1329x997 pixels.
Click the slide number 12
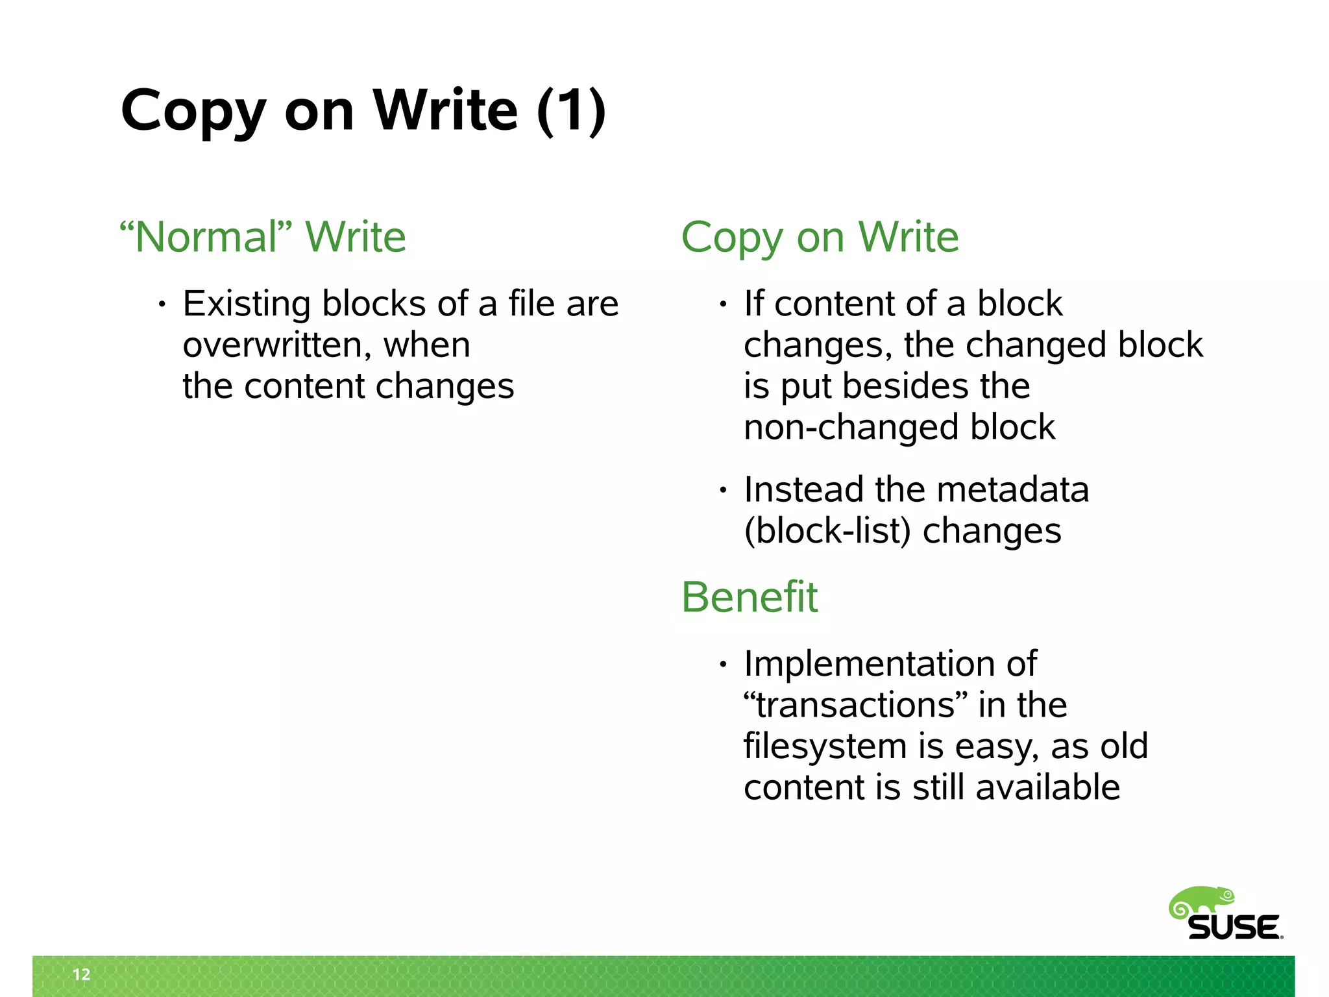81,974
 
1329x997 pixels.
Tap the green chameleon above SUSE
1201,903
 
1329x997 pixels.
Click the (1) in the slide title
571,111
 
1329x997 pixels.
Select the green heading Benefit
750,597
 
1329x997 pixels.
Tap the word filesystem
825,746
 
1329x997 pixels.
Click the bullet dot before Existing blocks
162,304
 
